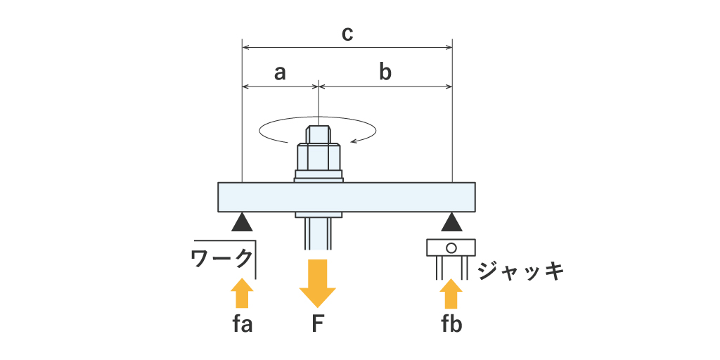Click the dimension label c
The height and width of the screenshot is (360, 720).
[x=347, y=33]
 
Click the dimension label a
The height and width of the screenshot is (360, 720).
[x=280, y=72]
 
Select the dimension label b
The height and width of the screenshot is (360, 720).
[x=385, y=72]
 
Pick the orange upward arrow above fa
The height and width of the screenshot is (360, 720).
[x=242, y=292]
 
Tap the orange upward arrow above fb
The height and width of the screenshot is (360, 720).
[x=451, y=294]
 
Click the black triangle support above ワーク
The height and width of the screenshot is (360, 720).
[x=242, y=224]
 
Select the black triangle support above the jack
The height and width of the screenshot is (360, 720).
[x=451, y=224]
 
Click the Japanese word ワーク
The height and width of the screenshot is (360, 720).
[x=221, y=259]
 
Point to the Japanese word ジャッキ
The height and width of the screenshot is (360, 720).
[x=521, y=271]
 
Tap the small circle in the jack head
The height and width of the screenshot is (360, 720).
[x=451, y=247]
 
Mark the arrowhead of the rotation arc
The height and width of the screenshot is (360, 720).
[x=355, y=141]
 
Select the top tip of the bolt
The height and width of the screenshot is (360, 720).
[x=319, y=129]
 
